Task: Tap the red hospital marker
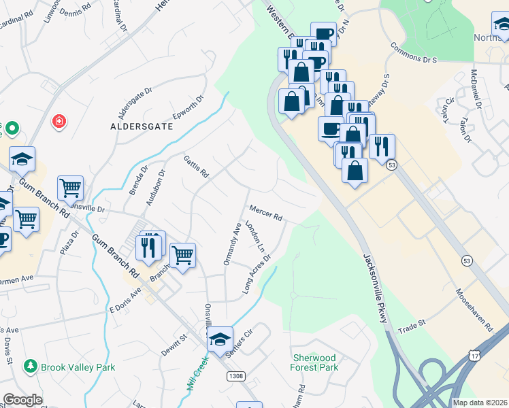[60, 122]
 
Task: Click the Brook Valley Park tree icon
[31, 367]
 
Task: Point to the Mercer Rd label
[265, 213]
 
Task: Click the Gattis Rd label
[195, 165]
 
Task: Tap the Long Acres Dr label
[257, 275]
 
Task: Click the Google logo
[22, 400]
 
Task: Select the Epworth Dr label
[188, 109]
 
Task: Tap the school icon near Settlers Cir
[220, 339]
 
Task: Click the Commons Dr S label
[413, 54]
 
